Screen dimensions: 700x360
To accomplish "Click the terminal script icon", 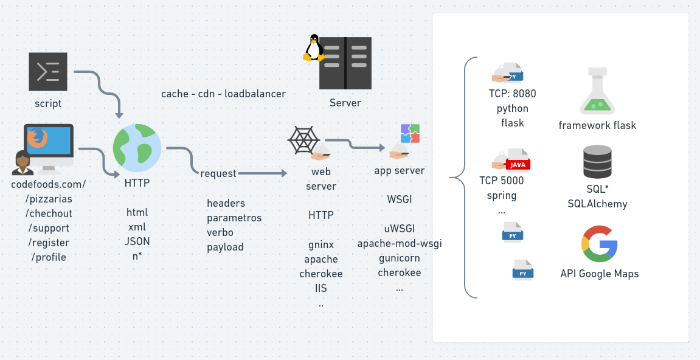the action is tap(48, 72).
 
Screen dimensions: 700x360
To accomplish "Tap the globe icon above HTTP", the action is tap(137, 148).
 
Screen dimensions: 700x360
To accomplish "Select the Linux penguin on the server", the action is tap(314, 47).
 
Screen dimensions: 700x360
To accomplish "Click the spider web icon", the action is tap(303, 140).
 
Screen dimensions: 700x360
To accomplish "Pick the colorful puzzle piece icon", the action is tap(411, 134).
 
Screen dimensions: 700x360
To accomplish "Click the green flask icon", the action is tap(597, 91).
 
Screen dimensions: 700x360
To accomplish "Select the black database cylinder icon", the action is tap(597, 162).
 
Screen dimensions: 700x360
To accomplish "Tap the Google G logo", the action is tap(599, 244).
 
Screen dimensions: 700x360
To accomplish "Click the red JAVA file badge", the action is tap(518, 165).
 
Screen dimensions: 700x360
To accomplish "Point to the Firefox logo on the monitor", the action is tap(37, 137).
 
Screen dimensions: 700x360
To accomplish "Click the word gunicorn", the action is tap(399, 258).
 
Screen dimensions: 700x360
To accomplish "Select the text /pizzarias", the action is tap(49, 199).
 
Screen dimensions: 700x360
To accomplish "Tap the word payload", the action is tap(225, 247).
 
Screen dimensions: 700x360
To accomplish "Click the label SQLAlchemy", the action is tap(597, 204).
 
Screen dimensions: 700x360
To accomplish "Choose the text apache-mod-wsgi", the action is tap(400, 243).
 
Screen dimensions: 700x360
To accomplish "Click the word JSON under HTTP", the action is tap(137, 241).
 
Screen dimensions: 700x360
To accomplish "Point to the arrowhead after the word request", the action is tap(285, 173).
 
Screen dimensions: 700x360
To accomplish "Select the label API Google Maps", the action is tap(600, 274).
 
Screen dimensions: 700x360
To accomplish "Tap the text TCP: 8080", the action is tap(513, 94).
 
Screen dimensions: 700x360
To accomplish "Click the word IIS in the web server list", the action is tap(321, 288).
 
